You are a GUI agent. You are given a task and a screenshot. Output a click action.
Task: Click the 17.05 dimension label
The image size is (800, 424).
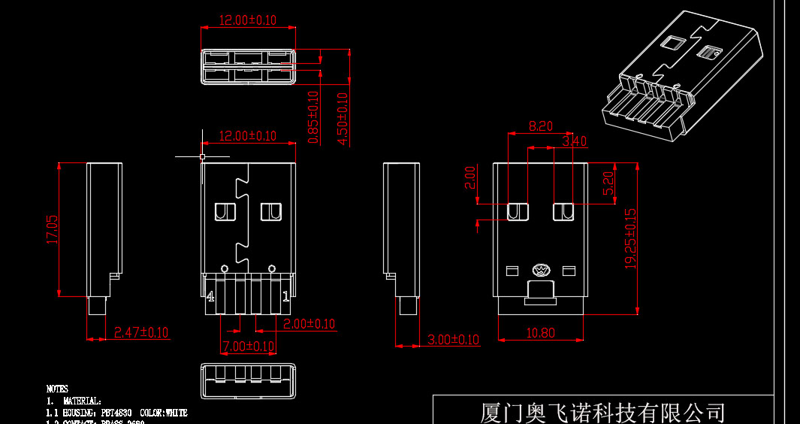52,229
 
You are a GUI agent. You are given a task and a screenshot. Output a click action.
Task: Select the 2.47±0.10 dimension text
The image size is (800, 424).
140,332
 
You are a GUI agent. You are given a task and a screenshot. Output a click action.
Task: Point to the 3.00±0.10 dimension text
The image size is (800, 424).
452,339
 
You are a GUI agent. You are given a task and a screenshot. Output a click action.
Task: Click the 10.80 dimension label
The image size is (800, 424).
540,333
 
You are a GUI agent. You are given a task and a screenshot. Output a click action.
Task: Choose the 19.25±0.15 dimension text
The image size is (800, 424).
630,238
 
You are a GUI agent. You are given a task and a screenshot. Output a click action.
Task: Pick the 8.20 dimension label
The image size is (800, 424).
541,126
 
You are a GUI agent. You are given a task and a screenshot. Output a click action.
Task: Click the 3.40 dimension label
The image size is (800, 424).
574,141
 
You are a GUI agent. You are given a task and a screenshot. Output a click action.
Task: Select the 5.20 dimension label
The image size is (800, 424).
609,183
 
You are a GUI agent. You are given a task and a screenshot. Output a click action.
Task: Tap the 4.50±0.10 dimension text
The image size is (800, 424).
343,118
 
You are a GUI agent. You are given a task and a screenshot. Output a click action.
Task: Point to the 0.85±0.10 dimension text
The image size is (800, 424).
313,117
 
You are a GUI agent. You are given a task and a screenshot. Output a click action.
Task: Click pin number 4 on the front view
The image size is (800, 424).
210,296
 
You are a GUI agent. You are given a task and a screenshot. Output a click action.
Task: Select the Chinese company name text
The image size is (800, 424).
602,413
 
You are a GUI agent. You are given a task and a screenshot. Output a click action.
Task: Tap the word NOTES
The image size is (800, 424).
57,389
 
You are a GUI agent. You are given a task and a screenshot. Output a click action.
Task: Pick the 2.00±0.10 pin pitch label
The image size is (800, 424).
309,324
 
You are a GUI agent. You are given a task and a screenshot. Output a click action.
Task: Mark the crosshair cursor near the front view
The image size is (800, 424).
202,156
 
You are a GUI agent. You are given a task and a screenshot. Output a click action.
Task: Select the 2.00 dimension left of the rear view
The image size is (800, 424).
471,177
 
